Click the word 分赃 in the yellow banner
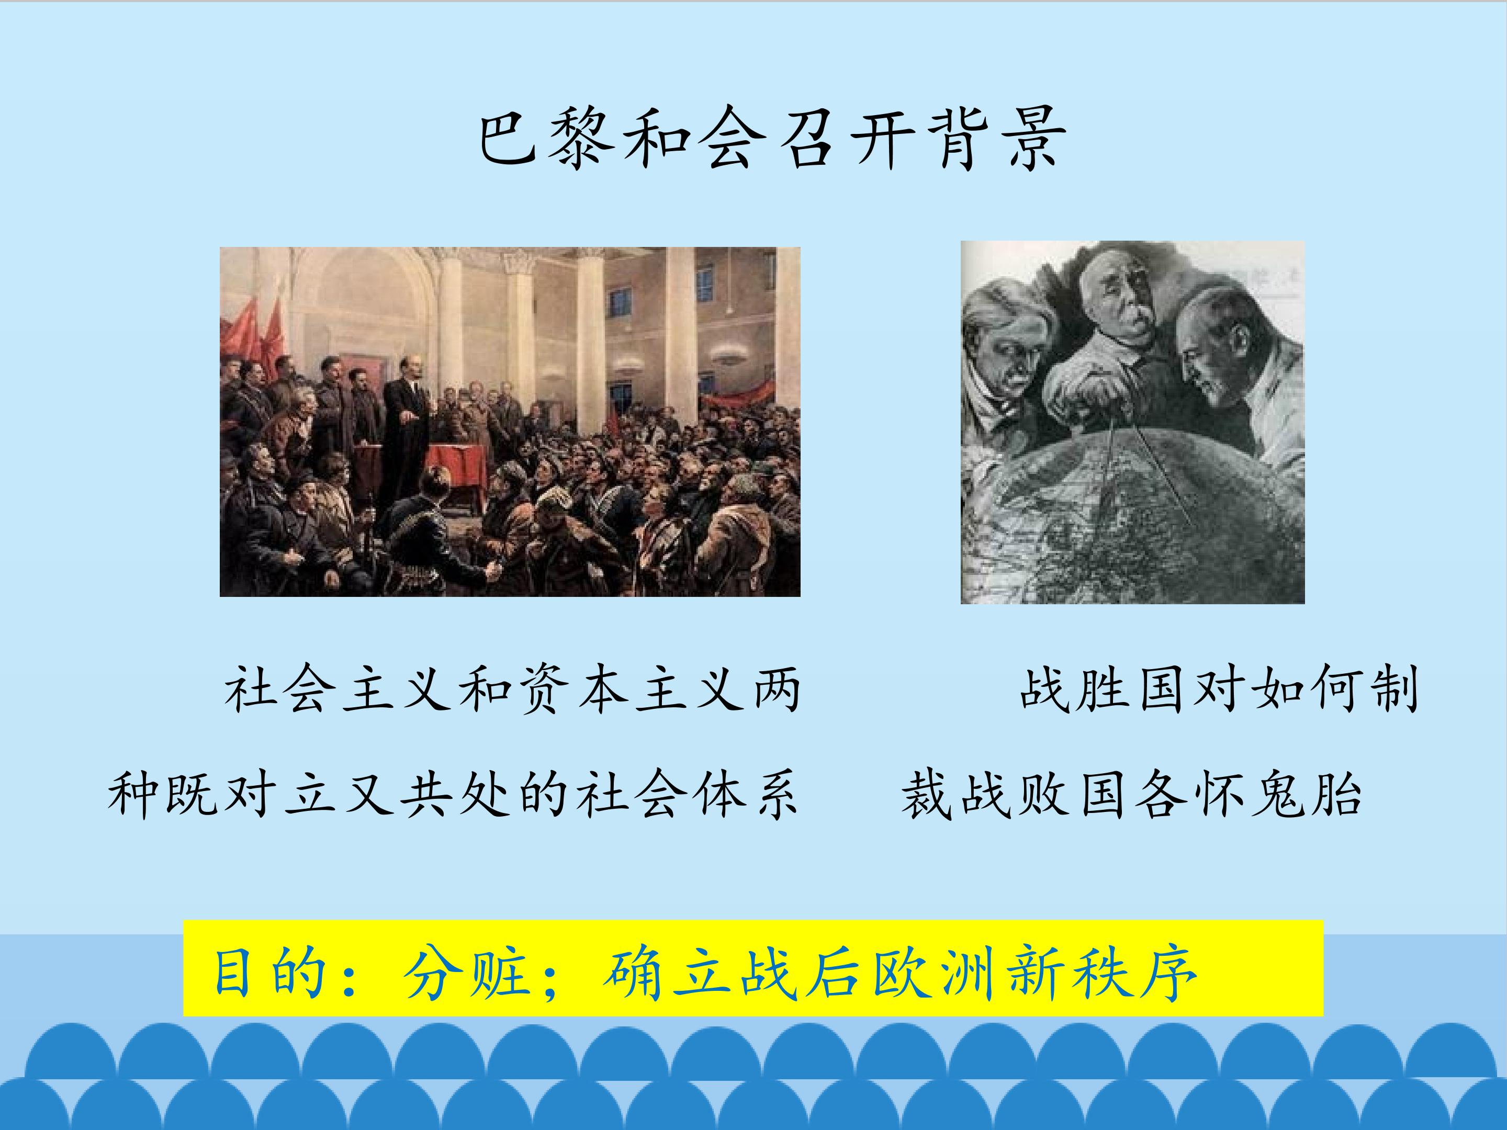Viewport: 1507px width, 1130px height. (466, 974)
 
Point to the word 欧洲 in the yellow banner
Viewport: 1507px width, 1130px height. (936, 974)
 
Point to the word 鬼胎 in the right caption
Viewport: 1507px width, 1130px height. (1304, 794)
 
